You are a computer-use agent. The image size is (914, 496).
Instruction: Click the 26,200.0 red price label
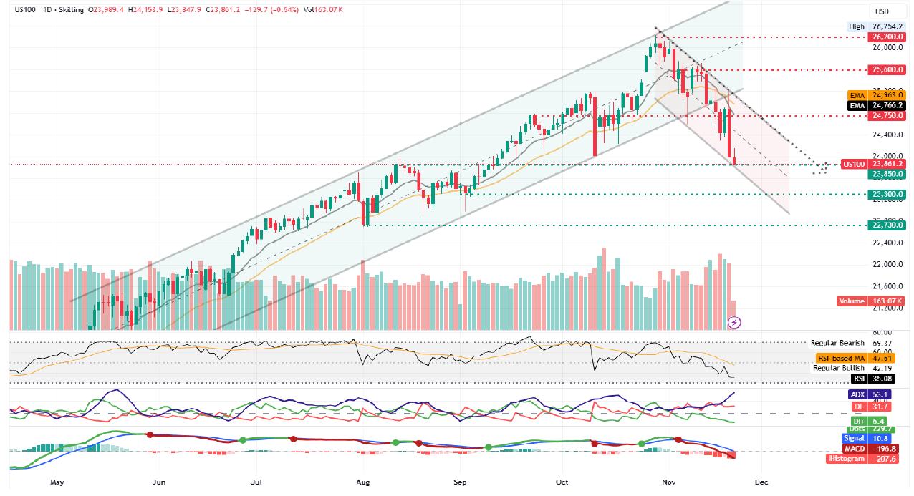[886, 37]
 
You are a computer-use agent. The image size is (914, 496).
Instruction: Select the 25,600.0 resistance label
[886, 69]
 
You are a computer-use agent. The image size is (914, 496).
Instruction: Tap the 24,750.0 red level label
[886, 115]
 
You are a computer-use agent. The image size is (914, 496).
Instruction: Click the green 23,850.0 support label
[886, 174]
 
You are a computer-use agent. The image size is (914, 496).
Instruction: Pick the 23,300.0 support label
[886, 194]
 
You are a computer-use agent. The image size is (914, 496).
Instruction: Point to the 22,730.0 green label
[886, 225]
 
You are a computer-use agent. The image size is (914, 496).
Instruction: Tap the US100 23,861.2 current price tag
[874, 164]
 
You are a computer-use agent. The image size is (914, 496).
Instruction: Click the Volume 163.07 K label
[872, 301]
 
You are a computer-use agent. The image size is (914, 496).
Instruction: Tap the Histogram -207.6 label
[867, 459]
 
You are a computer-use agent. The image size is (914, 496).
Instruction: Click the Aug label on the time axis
[365, 482]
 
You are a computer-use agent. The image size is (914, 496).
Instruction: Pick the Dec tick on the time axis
[761, 482]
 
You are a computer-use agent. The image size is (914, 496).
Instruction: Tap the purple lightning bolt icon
[734, 323]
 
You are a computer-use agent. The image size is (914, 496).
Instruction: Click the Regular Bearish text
[837, 344]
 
